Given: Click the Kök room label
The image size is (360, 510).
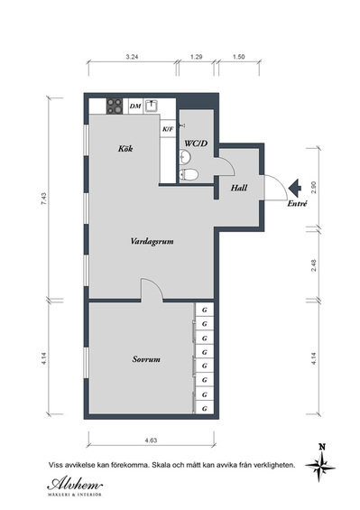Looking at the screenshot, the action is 125,149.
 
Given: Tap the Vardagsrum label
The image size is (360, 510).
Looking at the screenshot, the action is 152,241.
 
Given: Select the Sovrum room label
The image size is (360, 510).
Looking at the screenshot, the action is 146,359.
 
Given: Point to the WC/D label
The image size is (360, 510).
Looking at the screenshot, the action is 196,144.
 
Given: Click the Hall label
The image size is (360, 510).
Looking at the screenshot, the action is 239,188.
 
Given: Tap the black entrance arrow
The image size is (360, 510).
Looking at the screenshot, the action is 295,187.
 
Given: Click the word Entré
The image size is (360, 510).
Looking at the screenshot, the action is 297,204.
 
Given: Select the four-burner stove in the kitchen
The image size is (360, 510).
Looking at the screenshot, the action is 115,106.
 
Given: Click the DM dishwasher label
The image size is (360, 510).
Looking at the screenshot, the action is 135,106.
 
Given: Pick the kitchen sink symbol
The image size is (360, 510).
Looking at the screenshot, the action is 152,106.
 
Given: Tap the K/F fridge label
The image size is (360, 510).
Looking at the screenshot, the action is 168,129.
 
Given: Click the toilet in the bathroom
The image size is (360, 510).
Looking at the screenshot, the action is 189,175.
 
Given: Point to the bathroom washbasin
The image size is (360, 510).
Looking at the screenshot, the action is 185,156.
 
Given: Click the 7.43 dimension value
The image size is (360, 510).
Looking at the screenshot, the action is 44,199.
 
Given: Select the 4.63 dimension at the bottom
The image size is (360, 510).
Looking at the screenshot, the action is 151,440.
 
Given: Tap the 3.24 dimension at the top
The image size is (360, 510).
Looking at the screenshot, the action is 133,57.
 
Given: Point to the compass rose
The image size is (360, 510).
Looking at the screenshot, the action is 320,467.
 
